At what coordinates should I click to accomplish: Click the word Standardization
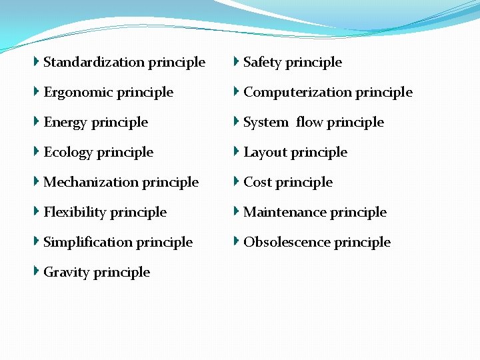pos(94,63)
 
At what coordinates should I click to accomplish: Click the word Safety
pos(263,63)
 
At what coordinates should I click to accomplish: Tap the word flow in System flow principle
pos(310,123)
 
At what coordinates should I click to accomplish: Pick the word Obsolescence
pos(287,242)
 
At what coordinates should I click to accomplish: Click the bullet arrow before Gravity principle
pos(37,271)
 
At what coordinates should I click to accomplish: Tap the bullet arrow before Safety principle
pos(237,61)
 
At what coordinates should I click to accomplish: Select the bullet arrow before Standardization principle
pos(37,61)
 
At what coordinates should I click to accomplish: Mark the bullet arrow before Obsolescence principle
pos(237,241)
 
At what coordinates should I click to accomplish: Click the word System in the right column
pos(265,123)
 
